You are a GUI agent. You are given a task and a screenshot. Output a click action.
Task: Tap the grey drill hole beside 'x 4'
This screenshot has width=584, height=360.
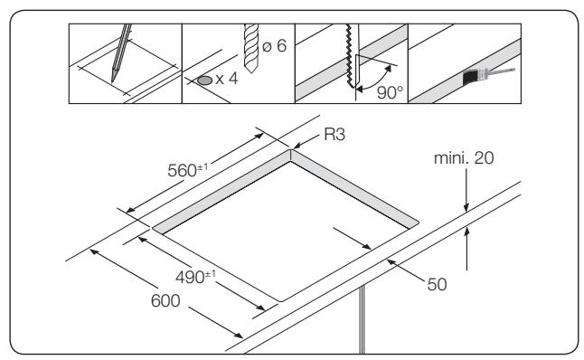point(204,81)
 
